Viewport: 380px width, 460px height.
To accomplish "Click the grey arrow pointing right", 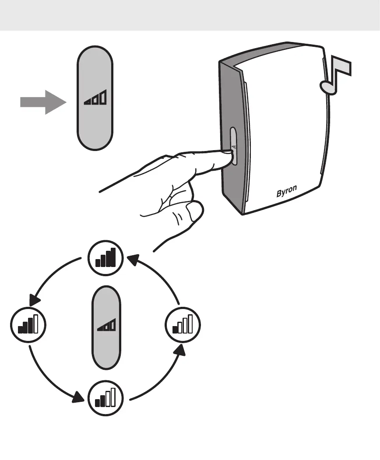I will (42, 103).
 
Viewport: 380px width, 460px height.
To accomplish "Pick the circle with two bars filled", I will (106, 398).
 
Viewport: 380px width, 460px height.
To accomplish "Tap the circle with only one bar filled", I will (183, 325).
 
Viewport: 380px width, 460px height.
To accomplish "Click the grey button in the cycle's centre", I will (106, 328).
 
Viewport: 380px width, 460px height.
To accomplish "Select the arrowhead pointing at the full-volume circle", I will (131, 260).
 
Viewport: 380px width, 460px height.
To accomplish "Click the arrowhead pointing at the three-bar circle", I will (34, 300).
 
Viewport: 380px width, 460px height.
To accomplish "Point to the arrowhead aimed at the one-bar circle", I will (180, 350).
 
